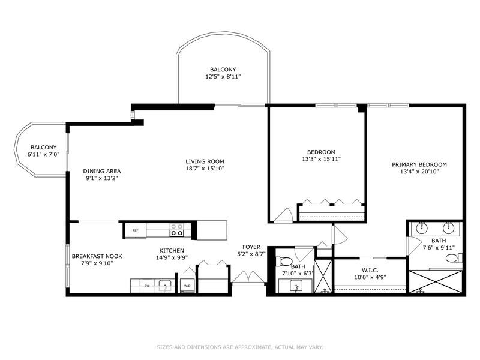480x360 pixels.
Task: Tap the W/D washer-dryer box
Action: click(x=187, y=286)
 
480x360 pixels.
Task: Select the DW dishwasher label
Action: click(x=147, y=286)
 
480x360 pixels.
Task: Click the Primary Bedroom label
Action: click(x=419, y=164)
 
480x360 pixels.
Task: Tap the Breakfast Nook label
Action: click(x=92, y=256)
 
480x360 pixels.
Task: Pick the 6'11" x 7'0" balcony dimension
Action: click(x=44, y=155)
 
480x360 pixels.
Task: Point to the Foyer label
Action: click(x=251, y=247)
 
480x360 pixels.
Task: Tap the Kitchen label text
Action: click(x=172, y=250)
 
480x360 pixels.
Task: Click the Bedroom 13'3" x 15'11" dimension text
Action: click(x=319, y=160)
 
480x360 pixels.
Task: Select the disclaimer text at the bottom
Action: click(x=240, y=347)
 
